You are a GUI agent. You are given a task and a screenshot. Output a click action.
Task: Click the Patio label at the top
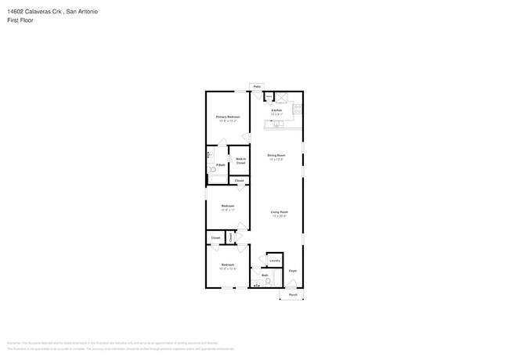click(x=256, y=86)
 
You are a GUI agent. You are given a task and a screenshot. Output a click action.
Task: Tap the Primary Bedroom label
click(x=228, y=117)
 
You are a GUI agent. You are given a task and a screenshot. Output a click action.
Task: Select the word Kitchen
click(x=276, y=110)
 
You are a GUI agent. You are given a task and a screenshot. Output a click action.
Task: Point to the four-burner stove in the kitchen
click(x=298, y=110)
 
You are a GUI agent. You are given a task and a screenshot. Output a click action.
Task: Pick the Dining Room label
click(x=276, y=156)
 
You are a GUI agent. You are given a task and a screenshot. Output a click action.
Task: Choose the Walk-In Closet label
click(x=240, y=160)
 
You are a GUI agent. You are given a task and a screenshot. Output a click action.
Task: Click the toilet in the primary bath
click(x=211, y=170)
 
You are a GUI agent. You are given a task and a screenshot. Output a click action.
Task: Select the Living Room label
click(x=280, y=212)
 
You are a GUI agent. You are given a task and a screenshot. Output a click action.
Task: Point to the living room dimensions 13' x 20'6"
click(x=280, y=216)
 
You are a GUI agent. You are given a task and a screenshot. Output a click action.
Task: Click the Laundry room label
click(x=274, y=261)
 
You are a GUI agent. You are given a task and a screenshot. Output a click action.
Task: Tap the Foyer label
click(x=292, y=271)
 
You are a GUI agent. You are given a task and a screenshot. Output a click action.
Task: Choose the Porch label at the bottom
click(x=292, y=294)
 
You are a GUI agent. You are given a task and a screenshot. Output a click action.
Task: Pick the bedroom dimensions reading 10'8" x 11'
click(x=228, y=210)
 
